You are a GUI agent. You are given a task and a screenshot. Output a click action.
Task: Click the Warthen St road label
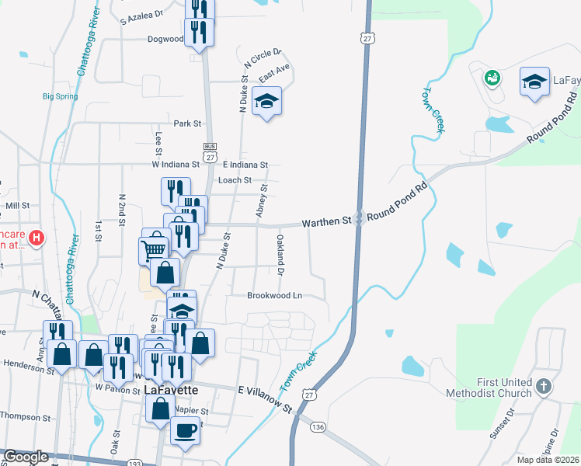tap(326, 222)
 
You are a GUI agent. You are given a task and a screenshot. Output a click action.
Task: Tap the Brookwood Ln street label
tap(274, 296)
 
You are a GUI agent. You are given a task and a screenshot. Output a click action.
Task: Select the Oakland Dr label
tap(280, 255)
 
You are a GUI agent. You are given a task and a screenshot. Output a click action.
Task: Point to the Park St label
tap(187, 123)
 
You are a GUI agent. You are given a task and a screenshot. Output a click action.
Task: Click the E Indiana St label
tap(245, 165)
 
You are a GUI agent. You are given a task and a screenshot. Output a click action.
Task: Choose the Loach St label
tap(235, 180)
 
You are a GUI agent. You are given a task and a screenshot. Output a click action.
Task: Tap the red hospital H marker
tap(36, 237)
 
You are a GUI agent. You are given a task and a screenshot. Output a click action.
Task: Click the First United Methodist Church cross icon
tap(544, 386)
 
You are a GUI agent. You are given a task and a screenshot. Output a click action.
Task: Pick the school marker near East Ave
tap(267, 101)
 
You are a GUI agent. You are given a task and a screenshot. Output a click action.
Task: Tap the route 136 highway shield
tap(318, 427)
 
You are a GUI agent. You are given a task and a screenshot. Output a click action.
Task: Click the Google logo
tap(26, 457)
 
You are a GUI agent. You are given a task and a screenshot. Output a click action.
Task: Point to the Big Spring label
tap(60, 96)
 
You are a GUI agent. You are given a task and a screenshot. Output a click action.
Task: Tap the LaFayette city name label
tap(171, 389)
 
